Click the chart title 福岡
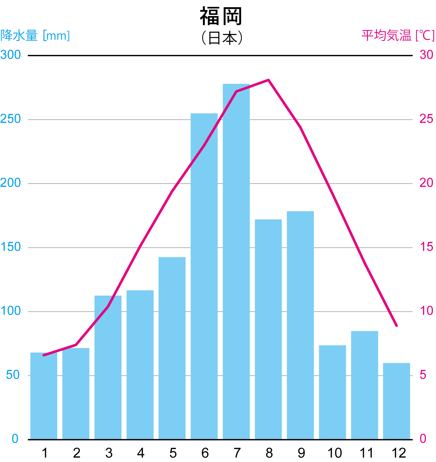(221, 16)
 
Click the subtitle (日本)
(222, 38)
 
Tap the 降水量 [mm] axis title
(35, 35)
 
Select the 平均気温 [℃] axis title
(398, 35)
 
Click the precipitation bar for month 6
(204, 276)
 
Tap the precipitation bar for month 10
(332, 392)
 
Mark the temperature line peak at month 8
(268, 80)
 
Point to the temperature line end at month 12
(396, 326)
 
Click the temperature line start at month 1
(44, 355)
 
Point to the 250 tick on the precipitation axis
(11, 119)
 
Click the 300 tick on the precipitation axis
(11, 55)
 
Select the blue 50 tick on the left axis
(13, 375)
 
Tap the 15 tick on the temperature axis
(426, 247)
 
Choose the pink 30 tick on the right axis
(426, 55)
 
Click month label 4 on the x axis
(140, 453)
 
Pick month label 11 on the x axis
(366, 453)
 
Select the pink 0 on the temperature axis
(423, 439)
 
